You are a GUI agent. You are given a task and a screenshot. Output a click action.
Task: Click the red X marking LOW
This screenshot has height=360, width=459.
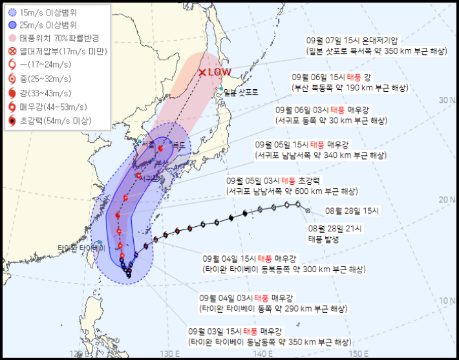coord(203,73)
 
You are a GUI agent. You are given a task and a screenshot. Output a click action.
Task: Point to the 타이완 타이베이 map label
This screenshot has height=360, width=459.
coord(81,248)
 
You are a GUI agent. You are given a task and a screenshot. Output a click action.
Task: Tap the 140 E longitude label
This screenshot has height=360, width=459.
coord(262,354)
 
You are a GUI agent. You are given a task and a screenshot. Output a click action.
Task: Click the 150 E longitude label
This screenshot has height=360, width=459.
coord(359,354)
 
